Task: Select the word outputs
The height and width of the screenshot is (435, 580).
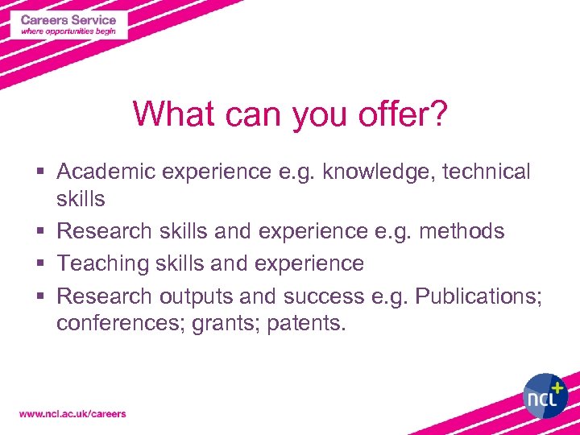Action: [x=196, y=296]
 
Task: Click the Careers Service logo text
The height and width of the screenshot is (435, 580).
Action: [x=68, y=19]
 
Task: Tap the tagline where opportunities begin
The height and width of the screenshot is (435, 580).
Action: [x=68, y=31]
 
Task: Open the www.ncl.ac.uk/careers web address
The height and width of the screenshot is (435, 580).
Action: [x=72, y=414]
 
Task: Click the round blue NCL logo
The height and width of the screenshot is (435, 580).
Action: [x=545, y=396]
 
